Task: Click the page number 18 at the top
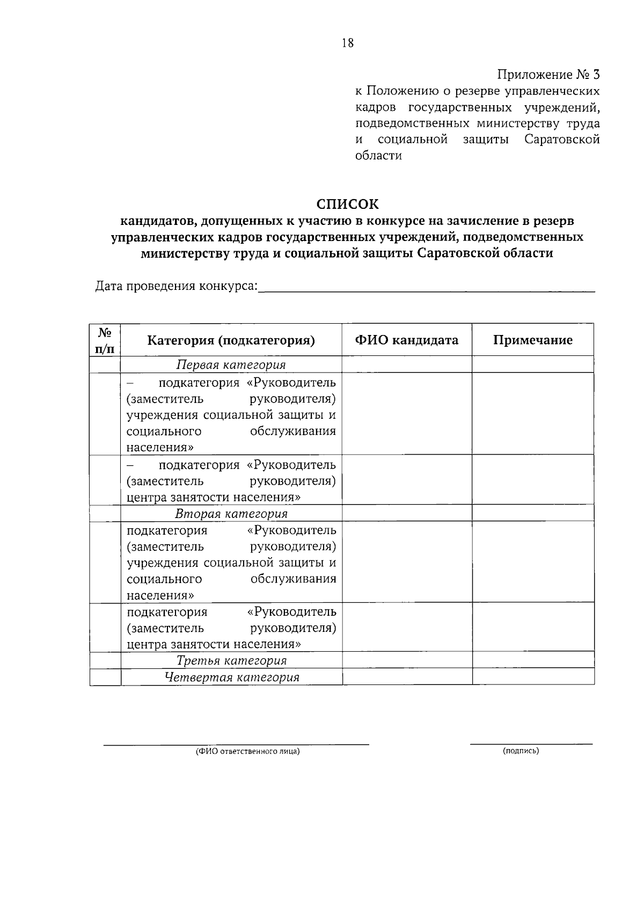tap(347, 43)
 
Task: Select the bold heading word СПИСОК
tap(347, 205)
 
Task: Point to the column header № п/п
tap(105, 340)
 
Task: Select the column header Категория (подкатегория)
tap(231, 340)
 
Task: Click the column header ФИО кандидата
tap(407, 340)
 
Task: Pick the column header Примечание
tap(533, 340)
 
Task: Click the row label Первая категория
tap(231, 365)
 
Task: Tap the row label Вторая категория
tap(231, 514)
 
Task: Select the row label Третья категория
tap(231, 660)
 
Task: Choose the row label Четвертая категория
tap(231, 677)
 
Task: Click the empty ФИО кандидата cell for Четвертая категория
tap(407, 677)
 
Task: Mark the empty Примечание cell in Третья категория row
tap(533, 660)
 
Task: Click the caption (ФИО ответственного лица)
tap(247, 752)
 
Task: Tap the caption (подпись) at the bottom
tap(521, 751)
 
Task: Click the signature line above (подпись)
tap(531, 744)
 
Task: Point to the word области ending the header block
tap(379, 156)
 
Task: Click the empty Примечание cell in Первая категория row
tap(533, 365)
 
